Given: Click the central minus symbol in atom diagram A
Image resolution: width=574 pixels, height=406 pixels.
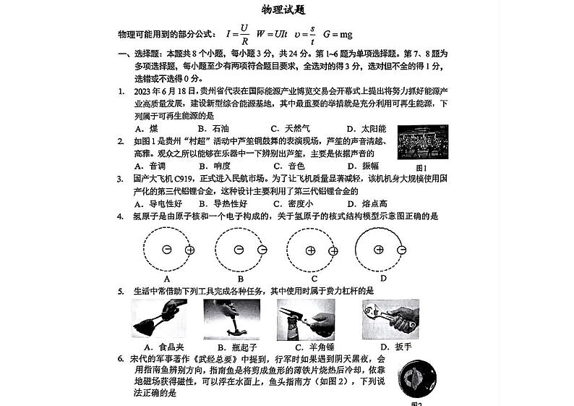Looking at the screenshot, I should click(x=167, y=250).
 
